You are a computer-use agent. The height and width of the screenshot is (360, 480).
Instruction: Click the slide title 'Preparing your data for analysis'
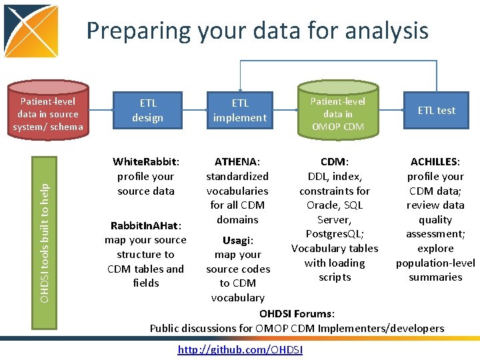pos(257,31)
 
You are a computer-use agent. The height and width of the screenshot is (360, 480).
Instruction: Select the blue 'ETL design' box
pos(147,111)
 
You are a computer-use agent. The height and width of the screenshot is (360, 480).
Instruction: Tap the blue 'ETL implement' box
pos(239,111)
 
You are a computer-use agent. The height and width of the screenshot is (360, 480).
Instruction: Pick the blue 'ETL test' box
pos(437,111)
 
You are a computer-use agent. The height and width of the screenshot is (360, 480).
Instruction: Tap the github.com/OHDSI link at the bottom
pos(240,350)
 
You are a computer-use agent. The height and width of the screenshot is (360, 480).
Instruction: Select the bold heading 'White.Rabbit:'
pos(146,162)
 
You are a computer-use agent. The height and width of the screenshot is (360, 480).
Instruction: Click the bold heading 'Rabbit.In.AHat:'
pos(146,225)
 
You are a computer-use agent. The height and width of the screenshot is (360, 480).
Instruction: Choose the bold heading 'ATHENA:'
pos(237,162)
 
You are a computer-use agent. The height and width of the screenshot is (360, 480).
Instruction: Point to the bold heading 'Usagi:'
pos(237,240)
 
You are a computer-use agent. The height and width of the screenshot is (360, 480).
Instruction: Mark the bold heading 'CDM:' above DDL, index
pos(335,162)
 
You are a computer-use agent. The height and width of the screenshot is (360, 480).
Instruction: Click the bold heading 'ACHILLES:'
pos(435,162)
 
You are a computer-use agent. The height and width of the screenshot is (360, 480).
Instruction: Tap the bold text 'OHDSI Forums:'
pos(297,313)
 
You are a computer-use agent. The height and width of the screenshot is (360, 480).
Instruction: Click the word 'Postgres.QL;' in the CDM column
pos(334,234)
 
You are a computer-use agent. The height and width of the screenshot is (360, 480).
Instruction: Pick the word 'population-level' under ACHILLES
pos(435,263)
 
